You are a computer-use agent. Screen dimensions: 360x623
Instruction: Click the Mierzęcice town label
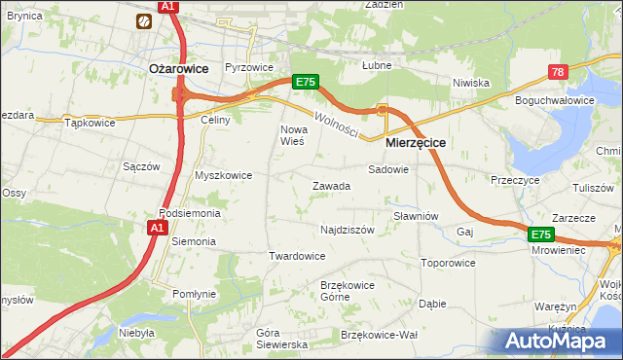pos(416,142)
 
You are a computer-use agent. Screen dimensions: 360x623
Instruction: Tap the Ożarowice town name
pos(180,68)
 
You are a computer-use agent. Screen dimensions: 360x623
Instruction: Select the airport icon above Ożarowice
pos(145,19)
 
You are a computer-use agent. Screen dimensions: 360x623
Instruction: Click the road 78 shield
pos(558,73)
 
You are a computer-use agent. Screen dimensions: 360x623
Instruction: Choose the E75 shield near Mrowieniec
pos(540,234)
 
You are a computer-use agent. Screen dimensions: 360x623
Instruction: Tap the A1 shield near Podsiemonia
pos(158,227)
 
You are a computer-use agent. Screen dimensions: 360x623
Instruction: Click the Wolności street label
pos(336,124)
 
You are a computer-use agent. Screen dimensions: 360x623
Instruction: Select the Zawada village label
pos(331,186)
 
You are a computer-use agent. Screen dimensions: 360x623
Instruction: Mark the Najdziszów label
pos(348,230)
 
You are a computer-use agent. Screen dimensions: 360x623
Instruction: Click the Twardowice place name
pos(297,256)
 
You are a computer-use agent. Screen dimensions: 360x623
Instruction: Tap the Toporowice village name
pos(448,263)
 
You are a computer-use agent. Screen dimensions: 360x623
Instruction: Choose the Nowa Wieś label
pos(293,135)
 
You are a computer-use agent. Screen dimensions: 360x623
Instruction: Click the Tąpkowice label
pos(90,123)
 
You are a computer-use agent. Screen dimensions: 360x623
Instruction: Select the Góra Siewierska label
pos(281,339)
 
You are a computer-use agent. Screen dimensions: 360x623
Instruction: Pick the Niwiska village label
pos(470,83)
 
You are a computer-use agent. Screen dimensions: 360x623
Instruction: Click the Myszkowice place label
pos(224,175)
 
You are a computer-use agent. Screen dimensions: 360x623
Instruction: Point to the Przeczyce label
pos(515,180)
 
